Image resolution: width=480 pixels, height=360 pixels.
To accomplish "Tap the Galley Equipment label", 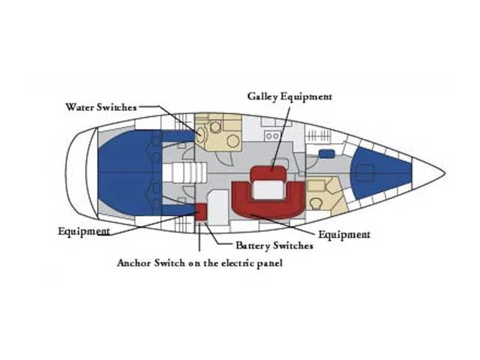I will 289,97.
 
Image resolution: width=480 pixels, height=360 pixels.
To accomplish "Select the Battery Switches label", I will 274,245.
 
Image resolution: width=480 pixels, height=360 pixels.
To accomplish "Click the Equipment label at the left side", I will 84,231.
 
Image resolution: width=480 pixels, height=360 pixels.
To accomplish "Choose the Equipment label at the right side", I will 344,235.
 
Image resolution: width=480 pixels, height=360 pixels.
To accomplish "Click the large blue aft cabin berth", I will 124,172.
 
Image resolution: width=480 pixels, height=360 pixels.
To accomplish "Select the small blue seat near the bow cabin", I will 326,154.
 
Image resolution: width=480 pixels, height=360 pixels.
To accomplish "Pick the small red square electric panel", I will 201,211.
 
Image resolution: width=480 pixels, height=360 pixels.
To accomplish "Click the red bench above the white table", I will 268,173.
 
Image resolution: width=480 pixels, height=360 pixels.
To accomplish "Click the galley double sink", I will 272,136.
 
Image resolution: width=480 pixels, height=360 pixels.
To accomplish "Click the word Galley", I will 262,97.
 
